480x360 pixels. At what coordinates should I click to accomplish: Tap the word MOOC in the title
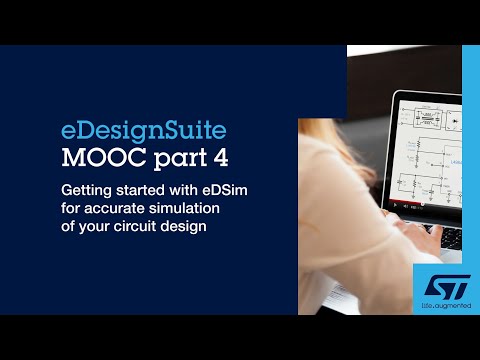pos(96,158)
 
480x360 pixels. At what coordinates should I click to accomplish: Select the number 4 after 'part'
pos(217,158)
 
